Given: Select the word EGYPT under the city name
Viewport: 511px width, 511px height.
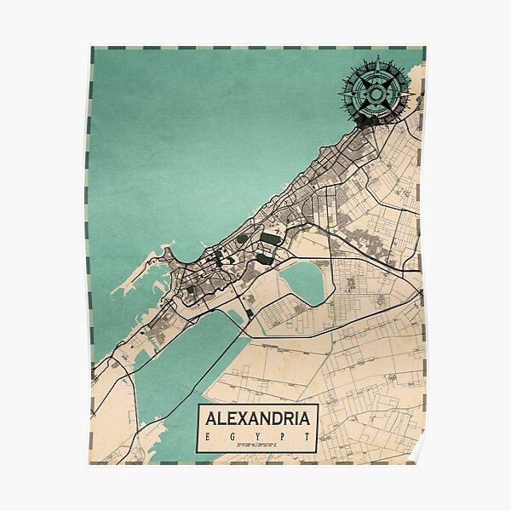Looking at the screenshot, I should [x=257, y=436].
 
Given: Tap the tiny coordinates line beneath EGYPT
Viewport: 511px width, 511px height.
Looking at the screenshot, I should [x=257, y=445].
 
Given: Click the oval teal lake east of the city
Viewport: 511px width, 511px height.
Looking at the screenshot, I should [x=304, y=282].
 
